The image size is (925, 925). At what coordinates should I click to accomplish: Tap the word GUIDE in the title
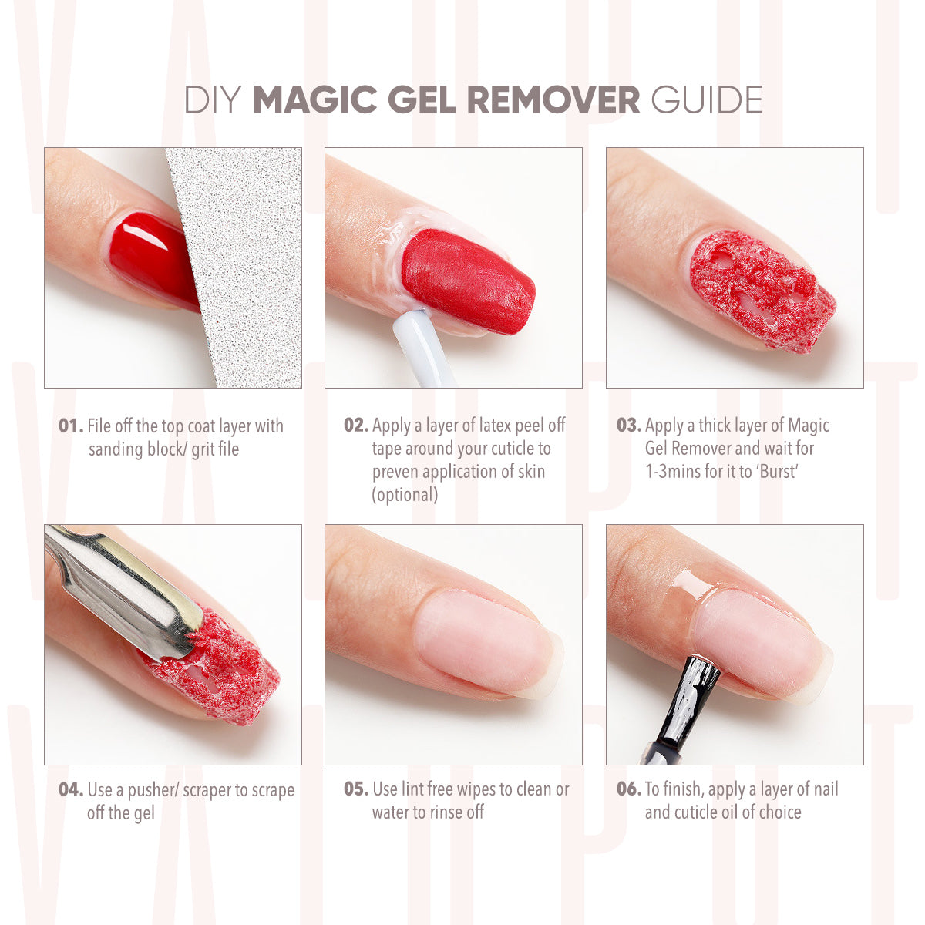coord(706,100)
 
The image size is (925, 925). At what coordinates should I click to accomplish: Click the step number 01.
coord(70,426)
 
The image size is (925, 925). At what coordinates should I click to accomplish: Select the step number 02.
coord(355,425)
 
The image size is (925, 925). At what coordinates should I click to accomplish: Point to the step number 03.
coord(628,425)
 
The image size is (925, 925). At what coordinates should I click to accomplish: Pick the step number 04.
coord(70,790)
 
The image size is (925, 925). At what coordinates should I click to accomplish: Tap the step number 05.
coord(355,789)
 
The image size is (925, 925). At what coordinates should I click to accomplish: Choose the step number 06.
coord(628,789)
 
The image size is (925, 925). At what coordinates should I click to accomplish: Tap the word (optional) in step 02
coord(405,495)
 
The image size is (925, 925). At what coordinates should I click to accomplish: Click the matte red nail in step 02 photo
coord(466,281)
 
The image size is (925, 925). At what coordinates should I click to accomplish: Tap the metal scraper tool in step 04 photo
coord(123,590)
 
